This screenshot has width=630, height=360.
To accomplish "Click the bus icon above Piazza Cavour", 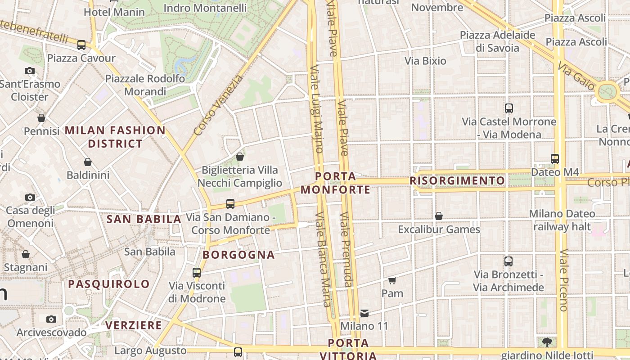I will pos(81,45).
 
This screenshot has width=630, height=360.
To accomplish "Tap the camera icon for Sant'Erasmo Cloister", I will pos(30,71).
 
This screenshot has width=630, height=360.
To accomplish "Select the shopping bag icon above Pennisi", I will pos(41,118).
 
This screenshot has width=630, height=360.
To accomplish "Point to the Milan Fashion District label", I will pos(115,137).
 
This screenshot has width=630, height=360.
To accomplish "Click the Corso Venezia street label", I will pos(219,106).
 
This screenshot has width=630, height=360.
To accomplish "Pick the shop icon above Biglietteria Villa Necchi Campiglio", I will pos(240,157).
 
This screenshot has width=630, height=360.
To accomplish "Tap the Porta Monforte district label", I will pos(336,183).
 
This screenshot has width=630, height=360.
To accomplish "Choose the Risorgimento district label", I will pos(457,181).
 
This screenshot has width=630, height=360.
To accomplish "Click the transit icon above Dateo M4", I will pos(555,158).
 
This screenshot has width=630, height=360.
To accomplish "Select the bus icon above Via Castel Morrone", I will pos(509,108).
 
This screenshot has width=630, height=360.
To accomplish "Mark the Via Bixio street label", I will pos(425,61).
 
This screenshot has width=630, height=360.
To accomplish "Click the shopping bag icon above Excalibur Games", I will pos(439,216).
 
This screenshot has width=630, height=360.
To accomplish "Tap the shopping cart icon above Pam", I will pos(392,280).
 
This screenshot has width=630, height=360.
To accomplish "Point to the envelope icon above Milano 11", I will pos(364,313).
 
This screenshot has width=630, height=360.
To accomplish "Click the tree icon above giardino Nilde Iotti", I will pos(547,342).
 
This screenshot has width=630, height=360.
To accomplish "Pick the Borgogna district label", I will pos(238,255).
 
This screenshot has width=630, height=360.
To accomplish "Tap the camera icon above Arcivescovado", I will pos(51,319).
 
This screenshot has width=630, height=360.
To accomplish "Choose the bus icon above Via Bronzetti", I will pos(508,261).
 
